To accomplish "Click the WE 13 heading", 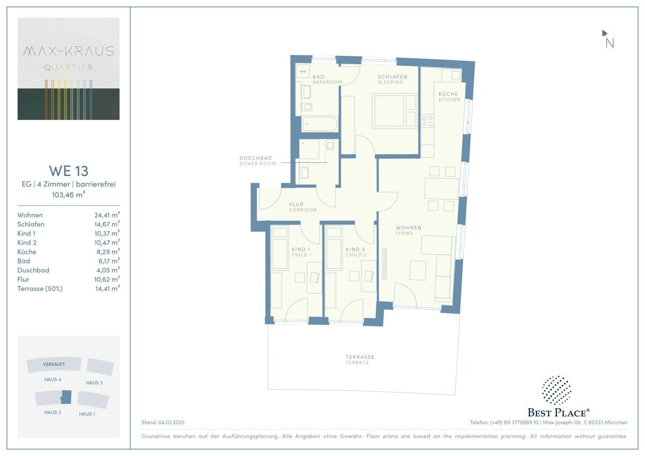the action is click(69, 171).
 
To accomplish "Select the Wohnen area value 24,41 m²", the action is click(107, 215).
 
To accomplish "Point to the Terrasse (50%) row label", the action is click(40, 289).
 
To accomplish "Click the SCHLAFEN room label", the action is click(392, 76).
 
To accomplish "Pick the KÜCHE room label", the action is click(448, 94).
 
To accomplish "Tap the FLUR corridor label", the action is click(296, 204).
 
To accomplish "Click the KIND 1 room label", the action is click(301, 249).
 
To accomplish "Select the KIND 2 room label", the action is click(355, 249).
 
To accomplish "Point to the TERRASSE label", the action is click(360, 357).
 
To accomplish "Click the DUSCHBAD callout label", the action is click(256, 158).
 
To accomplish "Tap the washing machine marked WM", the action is click(303, 72).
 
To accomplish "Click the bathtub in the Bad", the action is click(320, 124).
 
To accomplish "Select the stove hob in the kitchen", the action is click(427, 121).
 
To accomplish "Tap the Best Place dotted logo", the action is click(557, 390).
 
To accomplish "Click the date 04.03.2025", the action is click(171, 422).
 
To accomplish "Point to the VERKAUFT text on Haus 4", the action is click(54, 364).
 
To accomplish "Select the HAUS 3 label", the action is click(94, 383).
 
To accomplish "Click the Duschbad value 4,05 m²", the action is click(108, 270).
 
